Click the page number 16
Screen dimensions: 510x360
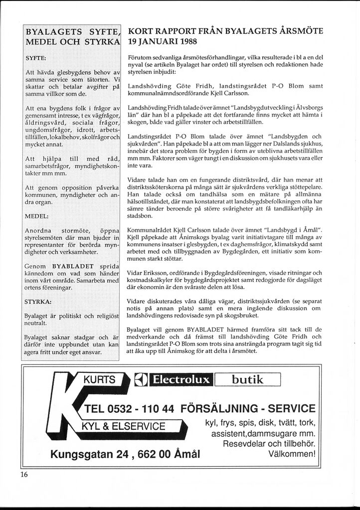coord(24,474)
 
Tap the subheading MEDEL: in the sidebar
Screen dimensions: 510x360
coord(36,216)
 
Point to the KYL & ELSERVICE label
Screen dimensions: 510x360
coord(124,426)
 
